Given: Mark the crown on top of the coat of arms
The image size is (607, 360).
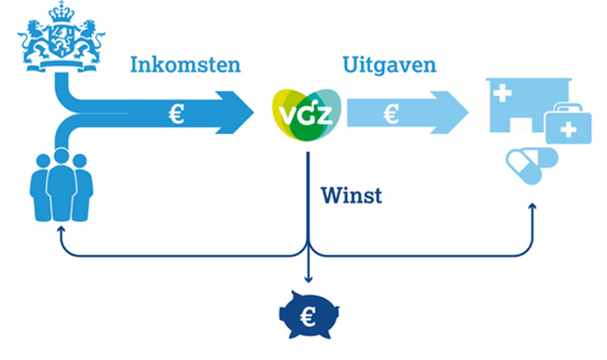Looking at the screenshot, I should coord(59,12).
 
